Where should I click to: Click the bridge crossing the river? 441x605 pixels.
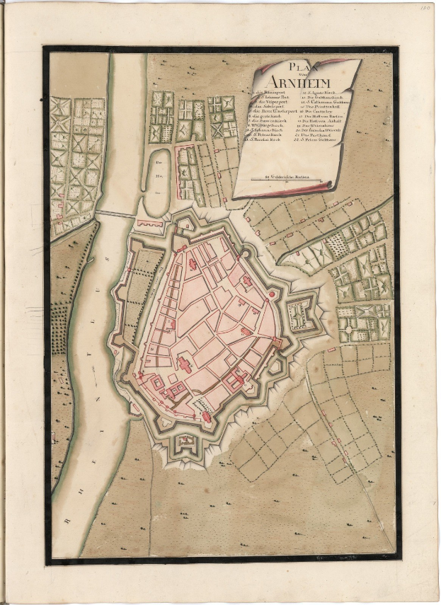pos(115,213)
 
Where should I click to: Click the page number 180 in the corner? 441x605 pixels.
pos(425,8)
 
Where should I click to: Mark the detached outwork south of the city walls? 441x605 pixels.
pos(187,445)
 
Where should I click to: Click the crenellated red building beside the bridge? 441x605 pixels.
pos(150,224)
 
